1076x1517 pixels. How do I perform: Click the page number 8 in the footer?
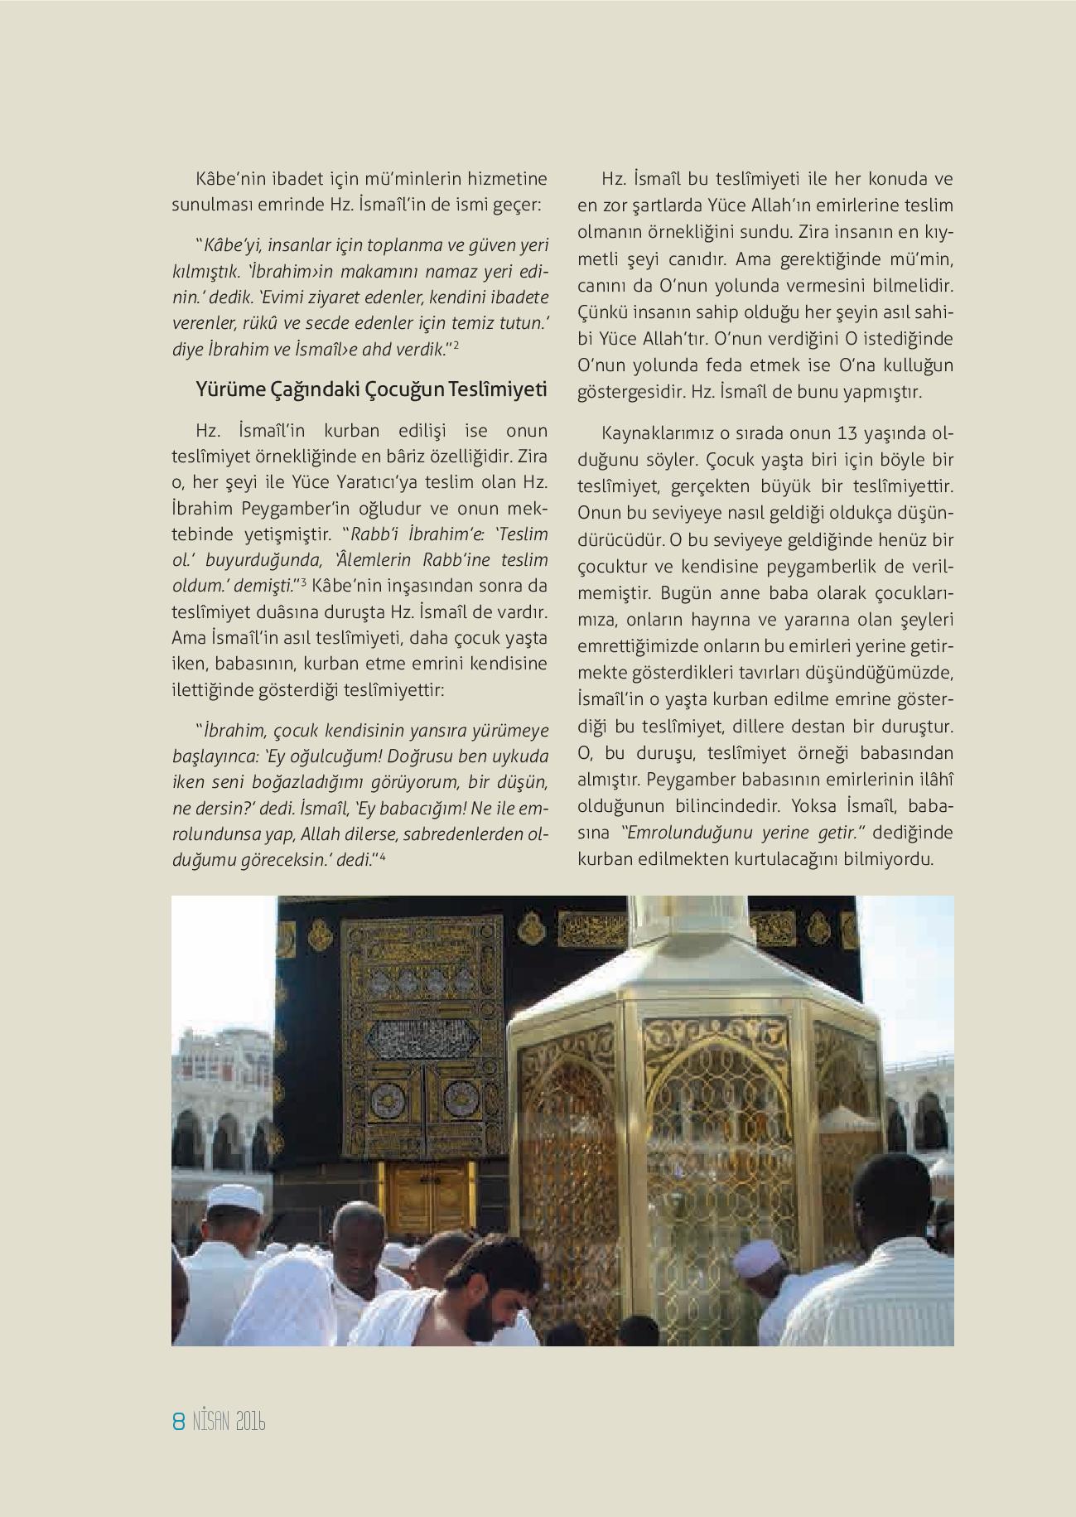tap(177, 1424)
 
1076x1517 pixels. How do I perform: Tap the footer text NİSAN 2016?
tap(228, 1424)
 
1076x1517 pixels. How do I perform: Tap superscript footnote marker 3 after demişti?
tap(304, 583)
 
